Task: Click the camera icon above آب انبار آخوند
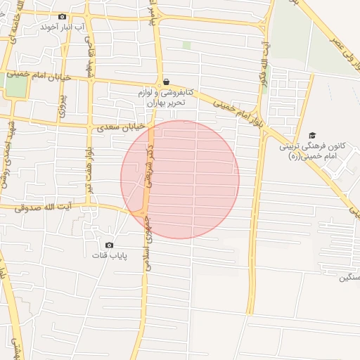tap(62, 17)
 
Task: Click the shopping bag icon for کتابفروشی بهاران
tap(165, 82)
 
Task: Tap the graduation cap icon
tap(312, 135)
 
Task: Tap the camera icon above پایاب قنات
tap(109, 244)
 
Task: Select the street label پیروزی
tap(63, 98)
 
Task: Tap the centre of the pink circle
tap(180, 179)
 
